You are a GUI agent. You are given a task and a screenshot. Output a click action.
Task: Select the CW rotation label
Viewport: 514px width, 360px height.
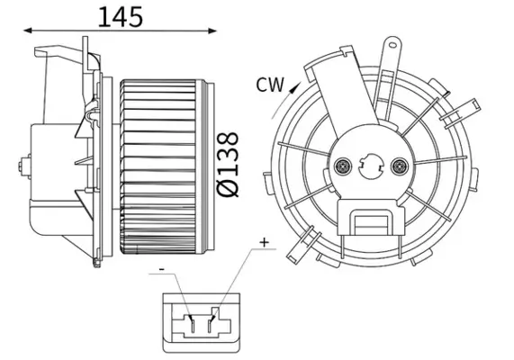pos(269,85)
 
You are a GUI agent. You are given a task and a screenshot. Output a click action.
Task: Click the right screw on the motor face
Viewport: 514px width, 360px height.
pos(401,166)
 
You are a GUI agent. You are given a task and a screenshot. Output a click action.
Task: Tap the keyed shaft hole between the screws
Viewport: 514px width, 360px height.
pos(372,166)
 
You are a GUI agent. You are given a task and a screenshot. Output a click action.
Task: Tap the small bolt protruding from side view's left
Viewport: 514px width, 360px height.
pos(20,165)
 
